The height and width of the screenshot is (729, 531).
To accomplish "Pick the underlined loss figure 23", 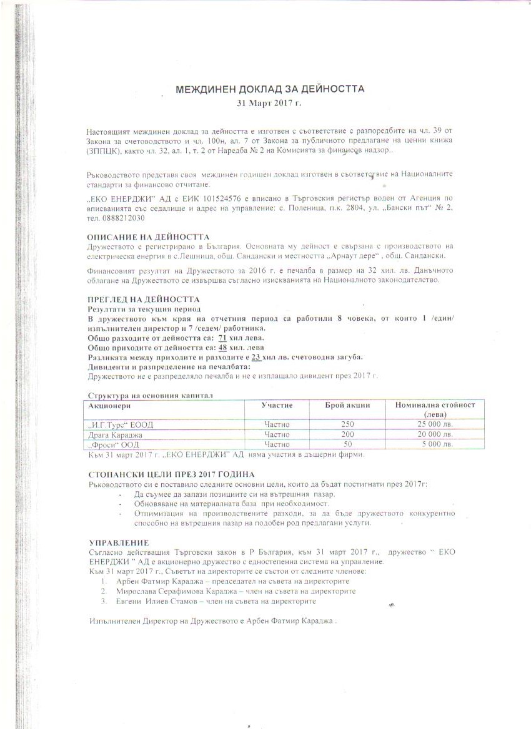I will (x=256, y=356).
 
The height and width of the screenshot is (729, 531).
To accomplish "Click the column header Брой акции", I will (x=348, y=405).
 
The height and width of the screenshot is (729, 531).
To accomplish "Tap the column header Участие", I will (x=277, y=405).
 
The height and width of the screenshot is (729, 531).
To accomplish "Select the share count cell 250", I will (x=347, y=424).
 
